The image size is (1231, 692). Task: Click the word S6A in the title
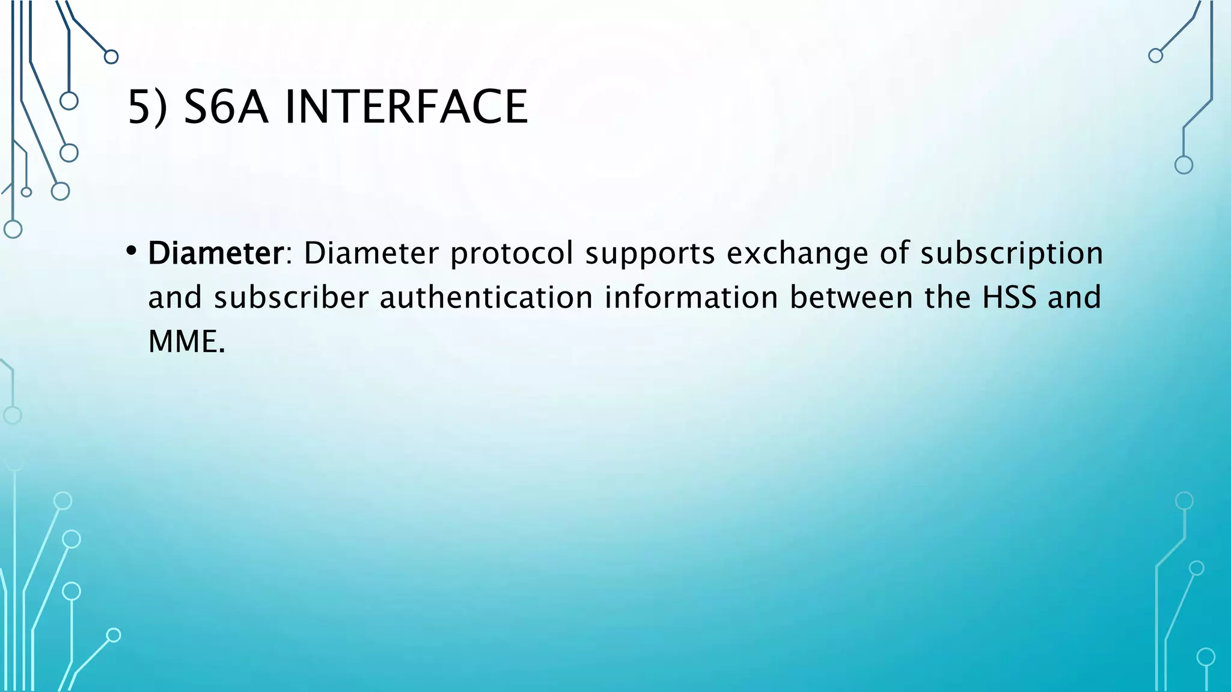225,107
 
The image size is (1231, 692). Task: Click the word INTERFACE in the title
406,107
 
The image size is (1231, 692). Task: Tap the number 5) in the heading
148,107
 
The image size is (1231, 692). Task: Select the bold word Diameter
215,253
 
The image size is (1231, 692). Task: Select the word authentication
486,297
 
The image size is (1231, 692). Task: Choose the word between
851,297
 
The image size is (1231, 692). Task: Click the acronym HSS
1009,297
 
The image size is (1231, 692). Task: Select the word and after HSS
1074,297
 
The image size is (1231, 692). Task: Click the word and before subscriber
175,297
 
